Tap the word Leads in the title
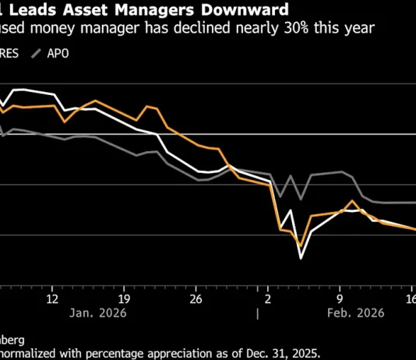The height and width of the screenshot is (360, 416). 32,10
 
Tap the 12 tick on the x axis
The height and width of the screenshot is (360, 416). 52,298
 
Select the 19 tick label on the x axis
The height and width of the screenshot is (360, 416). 124,298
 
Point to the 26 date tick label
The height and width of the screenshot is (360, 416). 196,298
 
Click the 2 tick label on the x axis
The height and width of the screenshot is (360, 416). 268,298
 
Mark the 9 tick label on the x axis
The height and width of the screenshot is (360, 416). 340,298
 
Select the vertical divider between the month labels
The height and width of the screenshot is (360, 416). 256,313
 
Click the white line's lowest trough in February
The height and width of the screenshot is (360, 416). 301,257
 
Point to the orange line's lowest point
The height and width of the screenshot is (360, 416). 300,245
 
